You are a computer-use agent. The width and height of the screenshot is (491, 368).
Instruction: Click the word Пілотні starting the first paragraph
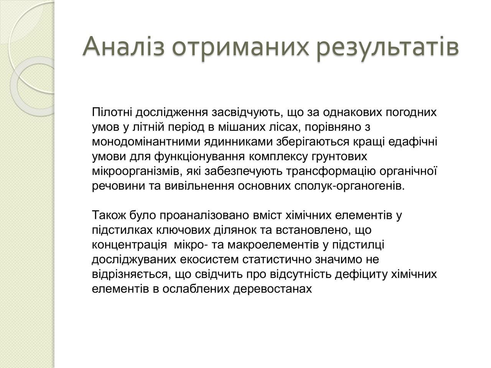tap(112, 112)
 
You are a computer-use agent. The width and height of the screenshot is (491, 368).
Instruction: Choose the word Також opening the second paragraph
tap(109, 215)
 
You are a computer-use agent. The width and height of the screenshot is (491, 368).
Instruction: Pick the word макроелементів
tap(273, 245)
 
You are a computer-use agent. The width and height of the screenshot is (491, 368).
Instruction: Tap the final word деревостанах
tap(272, 289)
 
